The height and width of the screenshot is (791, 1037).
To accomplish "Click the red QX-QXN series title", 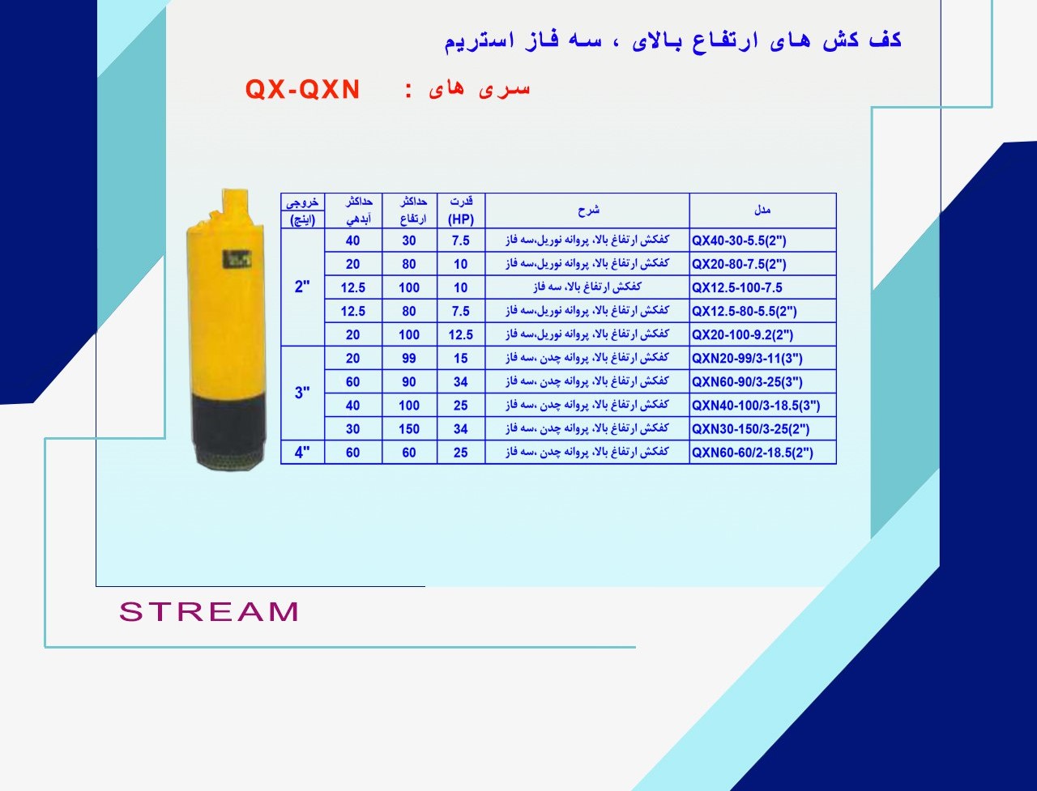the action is [x=302, y=89].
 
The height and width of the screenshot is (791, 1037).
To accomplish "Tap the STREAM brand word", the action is [x=209, y=611].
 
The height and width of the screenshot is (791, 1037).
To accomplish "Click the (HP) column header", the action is [x=461, y=219].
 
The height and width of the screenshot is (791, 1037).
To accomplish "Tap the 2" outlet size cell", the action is [x=302, y=287].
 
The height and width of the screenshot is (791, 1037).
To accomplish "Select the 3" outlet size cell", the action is [x=302, y=392].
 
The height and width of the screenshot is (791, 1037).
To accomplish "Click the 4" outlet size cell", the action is [x=302, y=452].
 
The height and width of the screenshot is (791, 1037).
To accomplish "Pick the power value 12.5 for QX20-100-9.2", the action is [x=461, y=334].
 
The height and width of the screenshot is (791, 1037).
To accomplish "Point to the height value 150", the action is [x=408, y=429].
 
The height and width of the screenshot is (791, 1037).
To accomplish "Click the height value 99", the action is [x=408, y=358].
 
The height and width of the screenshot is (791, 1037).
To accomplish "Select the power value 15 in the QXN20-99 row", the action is [x=461, y=358].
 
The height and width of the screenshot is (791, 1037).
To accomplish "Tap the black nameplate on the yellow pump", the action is [x=237, y=259].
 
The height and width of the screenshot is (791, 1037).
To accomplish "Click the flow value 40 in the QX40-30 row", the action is [x=353, y=240].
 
